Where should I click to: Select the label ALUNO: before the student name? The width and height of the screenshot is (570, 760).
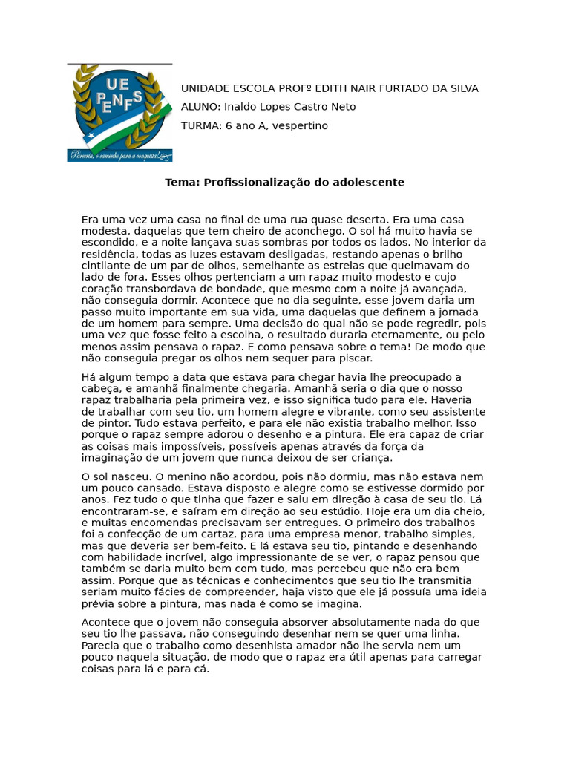pyautogui.click(x=200, y=107)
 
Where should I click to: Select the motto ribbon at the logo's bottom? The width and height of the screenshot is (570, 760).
pyautogui.click(x=119, y=155)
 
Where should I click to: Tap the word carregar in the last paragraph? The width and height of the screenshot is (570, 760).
pyautogui.click(x=459, y=657)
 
